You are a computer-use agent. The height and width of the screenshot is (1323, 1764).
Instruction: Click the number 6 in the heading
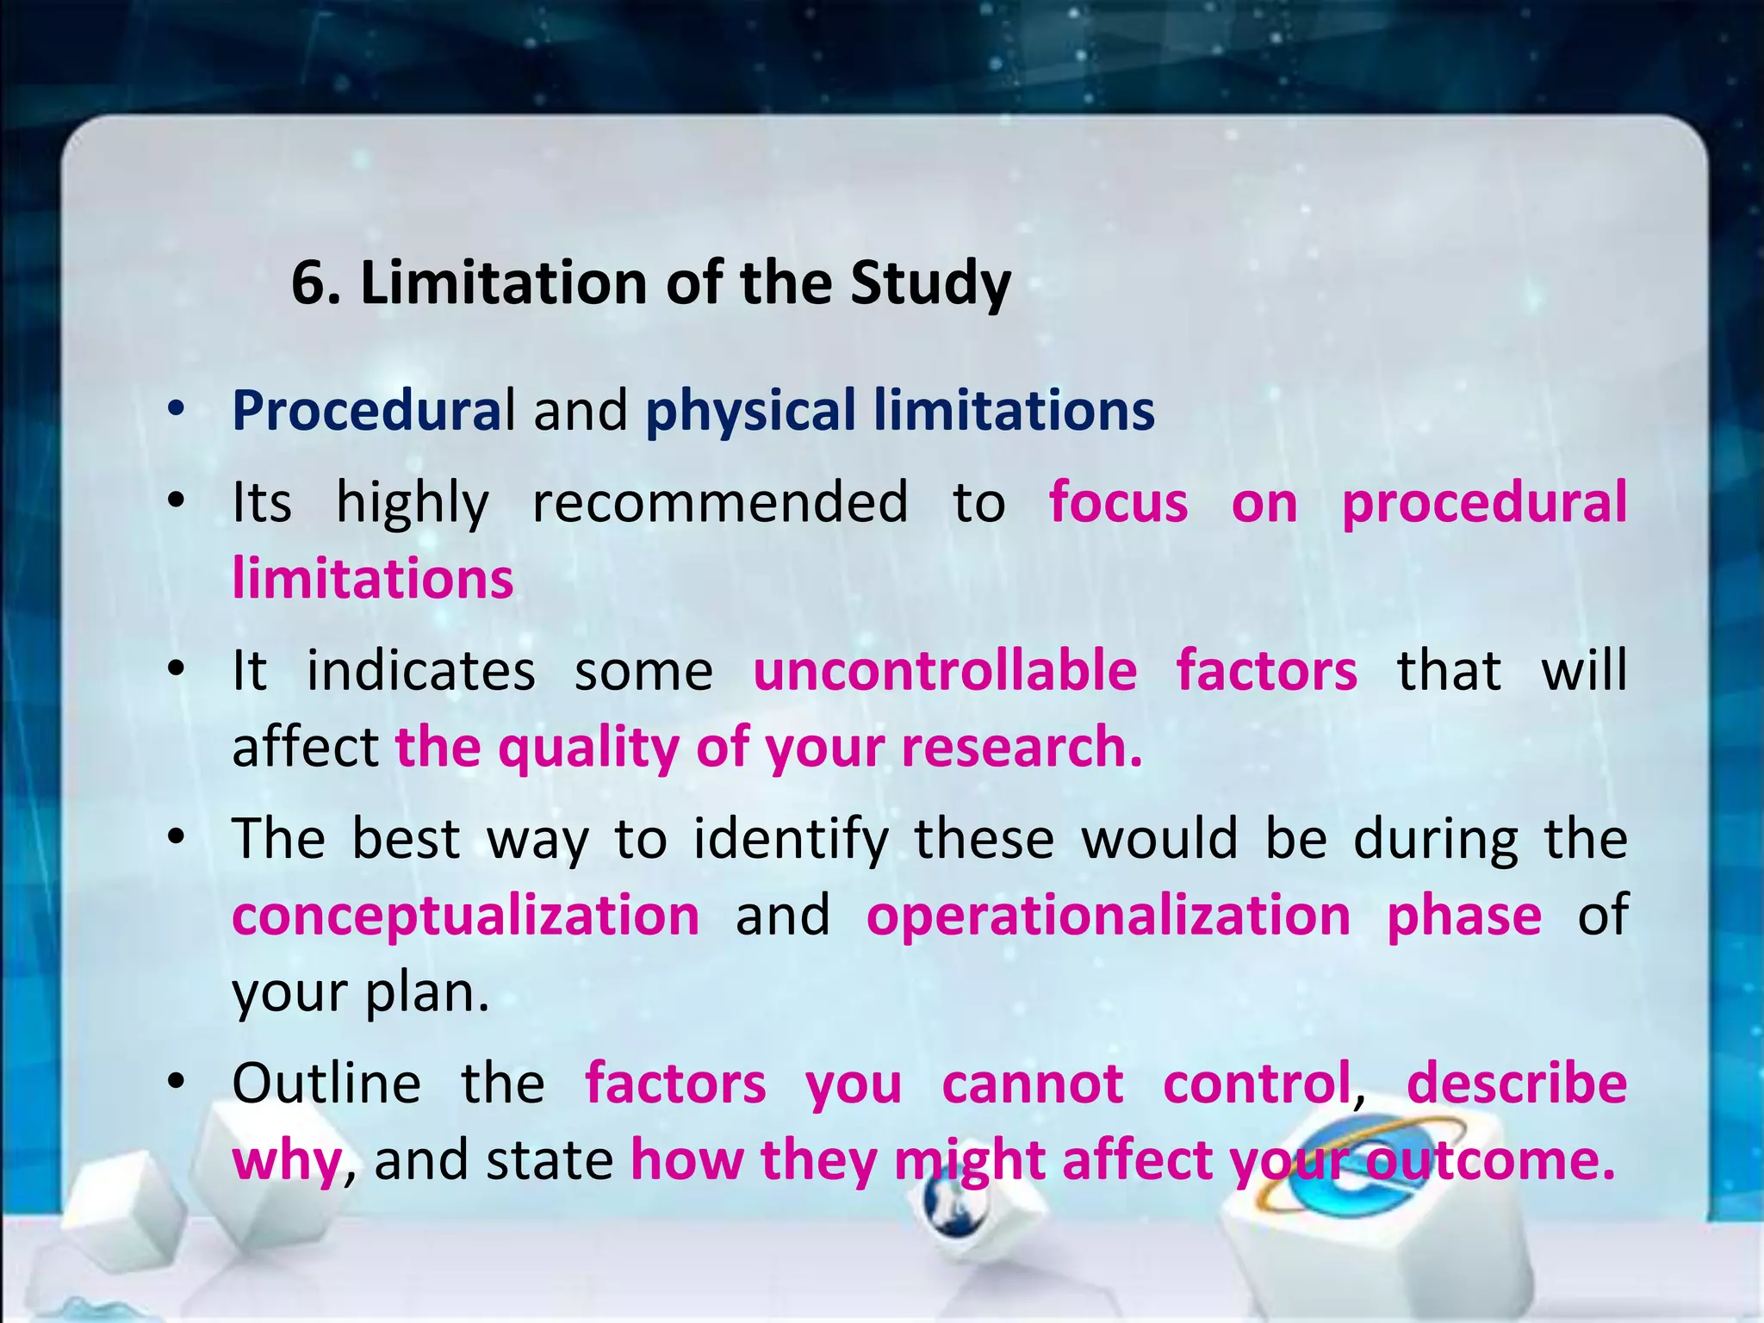pyautogui.click(x=308, y=283)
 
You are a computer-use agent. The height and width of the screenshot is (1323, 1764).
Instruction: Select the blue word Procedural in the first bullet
pyautogui.click(x=373, y=410)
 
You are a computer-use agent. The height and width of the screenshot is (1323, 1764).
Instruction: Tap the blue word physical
pyautogui.click(x=750, y=412)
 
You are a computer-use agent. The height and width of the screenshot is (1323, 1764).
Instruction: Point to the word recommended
pyautogui.click(x=720, y=501)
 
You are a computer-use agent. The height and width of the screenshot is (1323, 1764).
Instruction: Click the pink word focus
pyautogui.click(x=1118, y=501)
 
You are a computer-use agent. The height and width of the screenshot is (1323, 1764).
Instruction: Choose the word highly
pyautogui.click(x=413, y=503)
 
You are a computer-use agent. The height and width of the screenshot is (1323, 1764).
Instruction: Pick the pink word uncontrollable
pyautogui.click(x=945, y=670)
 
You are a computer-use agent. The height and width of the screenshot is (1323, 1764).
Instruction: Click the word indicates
pyautogui.click(x=421, y=670)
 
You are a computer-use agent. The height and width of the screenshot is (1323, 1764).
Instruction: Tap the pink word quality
pyautogui.click(x=588, y=748)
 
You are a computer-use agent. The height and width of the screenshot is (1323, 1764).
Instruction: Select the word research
pyautogui.click(x=1021, y=747)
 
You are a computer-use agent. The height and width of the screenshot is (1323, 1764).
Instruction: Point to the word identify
pyautogui.click(x=791, y=839)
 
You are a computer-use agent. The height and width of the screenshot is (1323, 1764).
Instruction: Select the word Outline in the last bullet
pyautogui.click(x=326, y=1083)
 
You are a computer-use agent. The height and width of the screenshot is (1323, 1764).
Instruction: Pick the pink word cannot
pyautogui.click(x=1033, y=1083)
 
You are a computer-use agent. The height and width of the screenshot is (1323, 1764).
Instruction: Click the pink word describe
pyautogui.click(x=1517, y=1083)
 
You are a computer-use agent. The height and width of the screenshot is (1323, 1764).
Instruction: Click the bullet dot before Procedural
pyautogui.click(x=177, y=410)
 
